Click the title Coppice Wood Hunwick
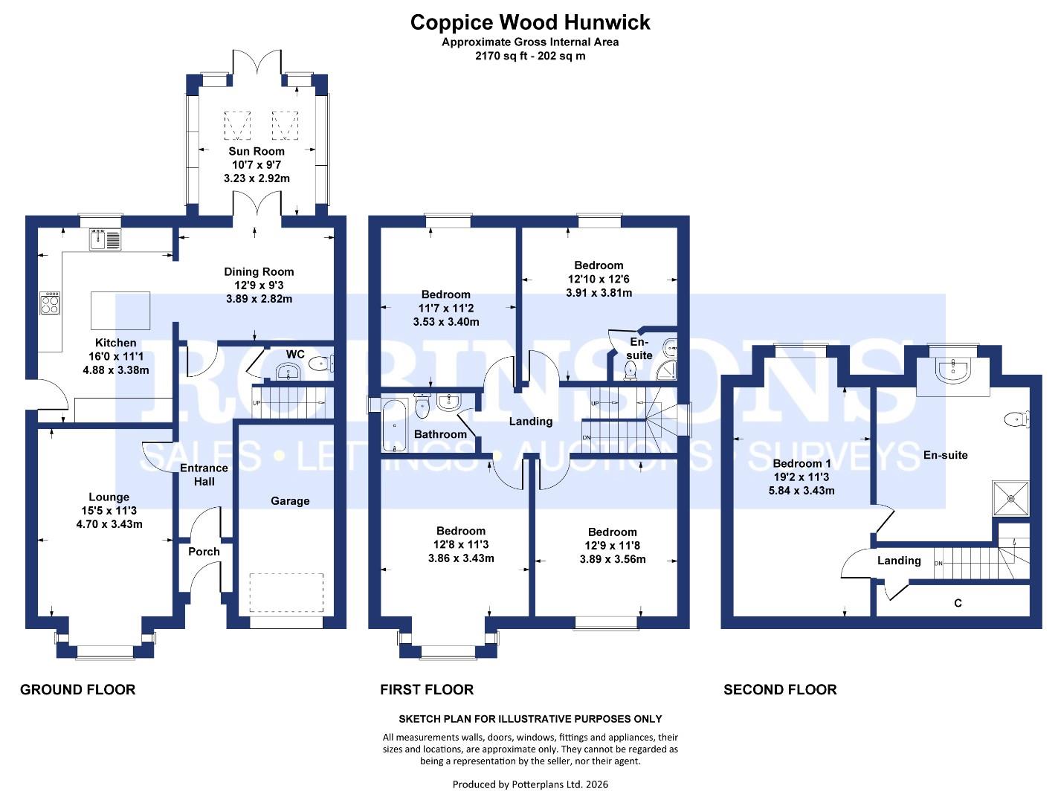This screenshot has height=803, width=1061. pyautogui.click(x=530, y=22)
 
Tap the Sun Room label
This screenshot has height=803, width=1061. pyautogui.click(x=256, y=151)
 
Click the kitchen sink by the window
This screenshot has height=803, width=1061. pyautogui.click(x=105, y=240)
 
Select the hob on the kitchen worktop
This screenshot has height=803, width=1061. pyautogui.click(x=50, y=303)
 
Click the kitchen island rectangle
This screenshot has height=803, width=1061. pyautogui.click(x=120, y=310)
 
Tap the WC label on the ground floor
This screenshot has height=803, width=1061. pyautogui.click(x=295, y=354)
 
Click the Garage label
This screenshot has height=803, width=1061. pyautogui.click(x=290, y=501)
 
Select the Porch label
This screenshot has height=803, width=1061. pyautogui.click(x=204, y=552)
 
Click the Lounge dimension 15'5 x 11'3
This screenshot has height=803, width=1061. pyautogui.click(x=109, y=511)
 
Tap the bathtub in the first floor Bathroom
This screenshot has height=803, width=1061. pyautogui.click(x=394, y=425)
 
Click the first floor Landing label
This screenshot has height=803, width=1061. pyautogui.click(x=530, y=422)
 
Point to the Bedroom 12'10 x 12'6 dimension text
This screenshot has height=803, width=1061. pyautogui.click(x=599, y=279)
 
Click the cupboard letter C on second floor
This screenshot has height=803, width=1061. pyautogui.click(x=958, y=603)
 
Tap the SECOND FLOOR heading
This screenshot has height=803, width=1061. pyautogui.click(x=780, y=690)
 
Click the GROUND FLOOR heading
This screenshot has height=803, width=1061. pyautogui.click(x=77, y=690)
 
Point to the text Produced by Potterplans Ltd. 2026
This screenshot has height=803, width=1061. pyautogui.click(x=530, y=784)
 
